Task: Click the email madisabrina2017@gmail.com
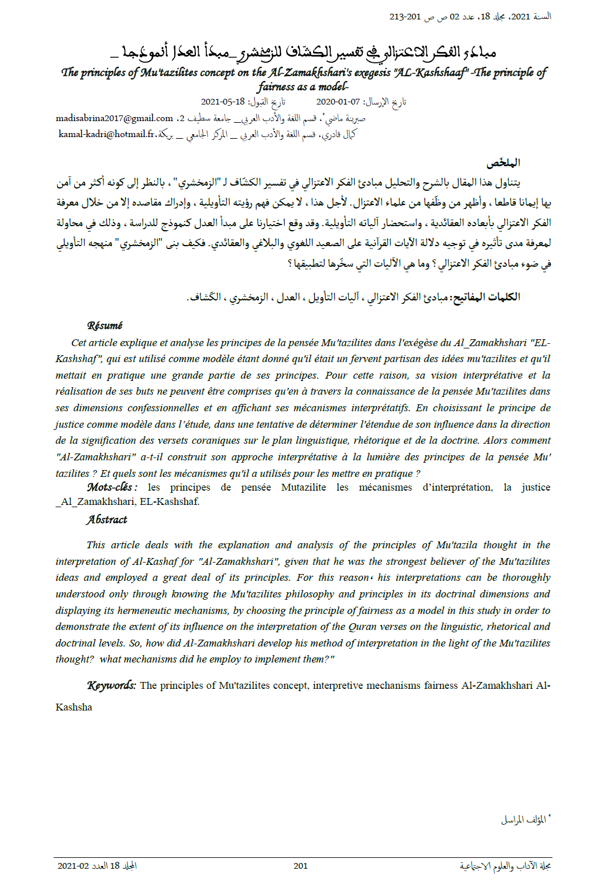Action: [x=114, y=118]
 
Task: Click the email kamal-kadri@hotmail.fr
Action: [x=107, y=134]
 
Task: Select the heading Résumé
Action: [x=105, y=326]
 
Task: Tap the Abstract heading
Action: [x=107, y=520]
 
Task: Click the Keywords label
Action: [x=111, y=685]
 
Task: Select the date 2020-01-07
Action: [x=338, y=102]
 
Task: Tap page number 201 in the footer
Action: [x=301, y=866]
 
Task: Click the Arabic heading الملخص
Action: [x=503, y=163]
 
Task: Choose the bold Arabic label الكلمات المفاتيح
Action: [x=486, y=297]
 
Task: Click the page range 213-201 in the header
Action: [x=405, y=17]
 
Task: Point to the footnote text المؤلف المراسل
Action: [x=523, y=820]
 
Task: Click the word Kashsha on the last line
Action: [x=74, y=707]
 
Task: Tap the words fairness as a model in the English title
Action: [x=302, y=87]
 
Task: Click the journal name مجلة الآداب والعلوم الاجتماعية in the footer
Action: [x=505, y=866]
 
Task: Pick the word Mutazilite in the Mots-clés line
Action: [x=303, y=487]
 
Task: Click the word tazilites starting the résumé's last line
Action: [x=73, y=473]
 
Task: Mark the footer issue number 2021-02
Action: [x=74, y=866]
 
